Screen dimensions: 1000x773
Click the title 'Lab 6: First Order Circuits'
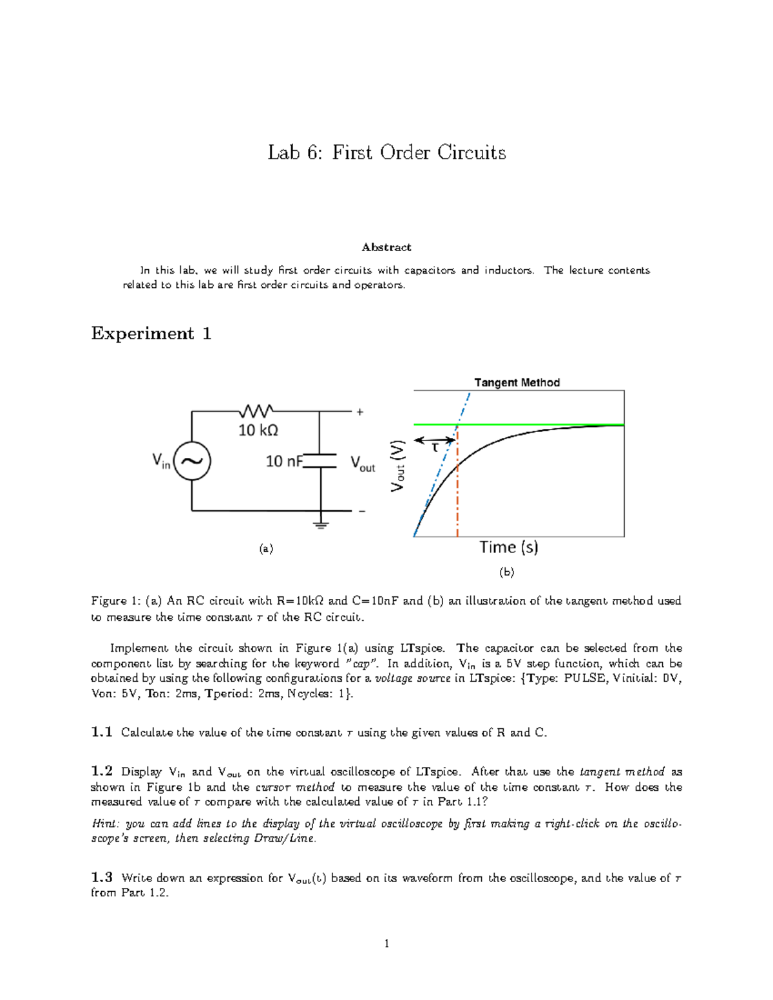point(386,153)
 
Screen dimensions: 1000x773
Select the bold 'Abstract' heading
point(386,247)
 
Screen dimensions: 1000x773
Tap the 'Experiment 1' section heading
point(151,334)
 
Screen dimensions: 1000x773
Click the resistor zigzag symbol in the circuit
point(257,411)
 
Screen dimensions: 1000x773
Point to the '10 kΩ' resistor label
point(258,430)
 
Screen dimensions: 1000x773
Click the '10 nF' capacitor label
point(284,461)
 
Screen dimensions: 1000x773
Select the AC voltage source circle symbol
point(192,461)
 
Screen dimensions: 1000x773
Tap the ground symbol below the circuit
point(321,523)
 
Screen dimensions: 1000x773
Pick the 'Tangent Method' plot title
point(517,382)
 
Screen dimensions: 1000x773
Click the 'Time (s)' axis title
point(509,547)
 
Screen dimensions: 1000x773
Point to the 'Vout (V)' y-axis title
point(398,466)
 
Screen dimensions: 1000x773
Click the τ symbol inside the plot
point(435,447)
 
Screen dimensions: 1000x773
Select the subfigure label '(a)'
point(266,549)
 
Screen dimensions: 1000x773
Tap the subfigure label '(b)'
point(507,572)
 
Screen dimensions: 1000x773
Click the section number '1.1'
point(102,732)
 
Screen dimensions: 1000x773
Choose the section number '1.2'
point(102,771)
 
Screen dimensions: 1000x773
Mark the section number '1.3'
point(102,878)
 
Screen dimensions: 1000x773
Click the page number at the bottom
point(386,944)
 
